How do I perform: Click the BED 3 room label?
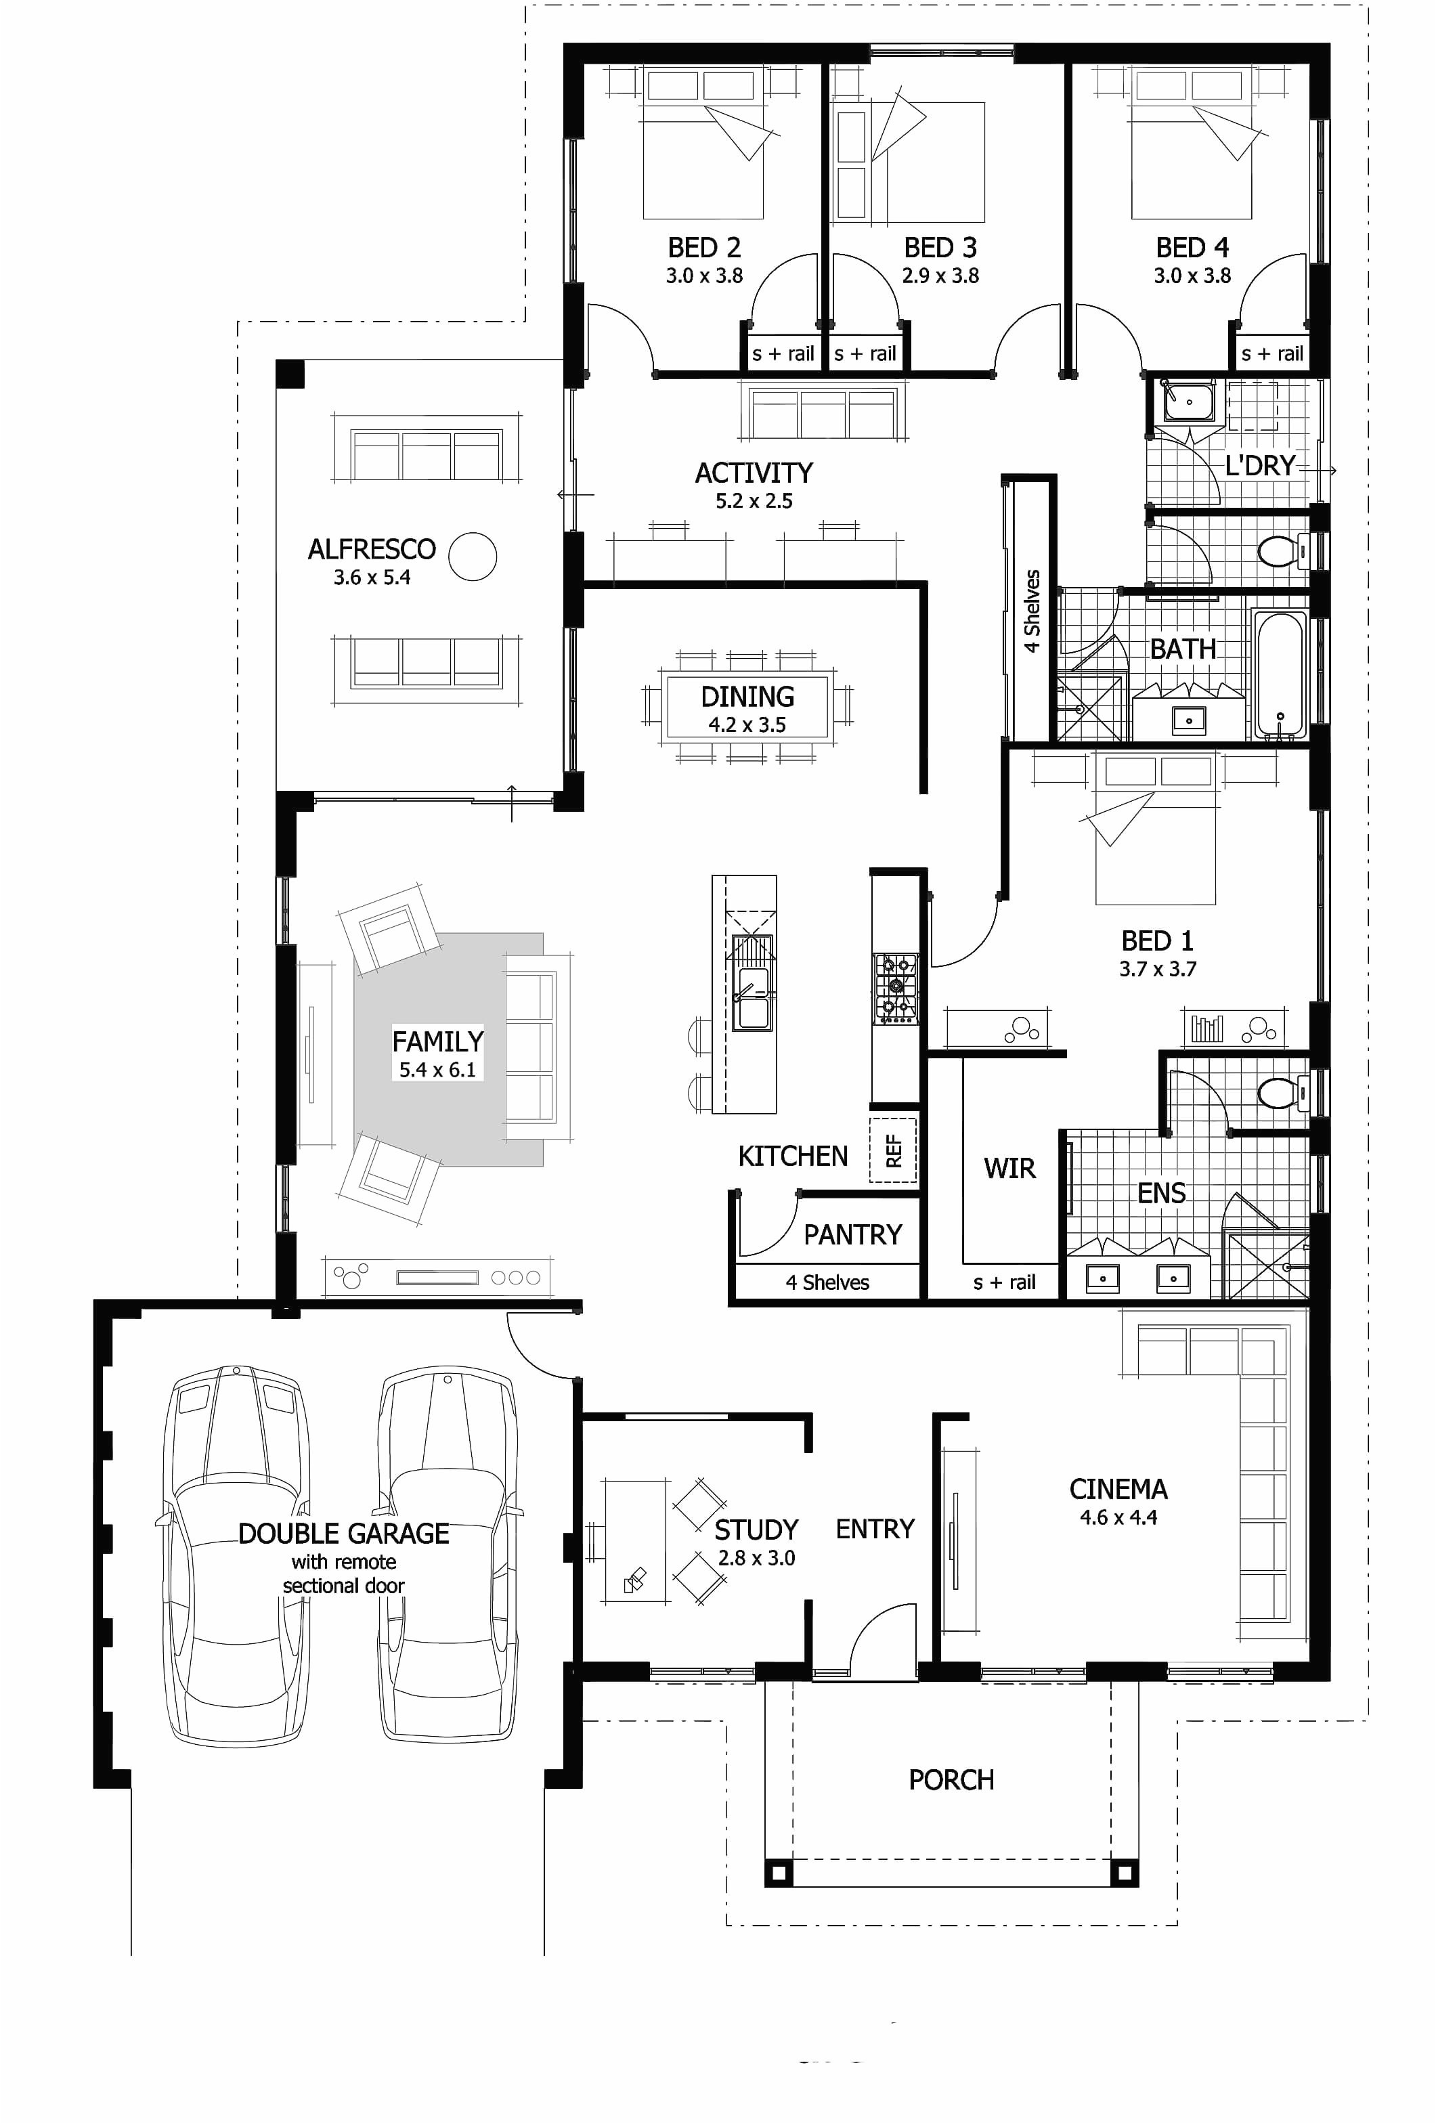coord(940,248)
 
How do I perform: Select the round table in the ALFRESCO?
coord(473,556)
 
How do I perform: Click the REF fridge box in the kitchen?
coord(893,1150)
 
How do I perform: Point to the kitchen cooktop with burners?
coord(896,987)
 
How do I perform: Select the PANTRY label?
coord(852,1235)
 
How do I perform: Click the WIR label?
coord(1009,1168)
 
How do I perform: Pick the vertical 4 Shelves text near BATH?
coord(1032,611)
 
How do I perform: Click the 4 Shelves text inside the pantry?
coord(827,1282)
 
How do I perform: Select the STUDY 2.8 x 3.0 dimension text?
coord(756,1558)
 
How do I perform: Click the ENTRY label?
coord(875,1529)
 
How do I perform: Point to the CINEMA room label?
coord(1118,1489)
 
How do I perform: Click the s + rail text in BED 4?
coord(1271,353)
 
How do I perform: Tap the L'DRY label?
coord(1259,466)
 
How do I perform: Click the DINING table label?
coord(747,697)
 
